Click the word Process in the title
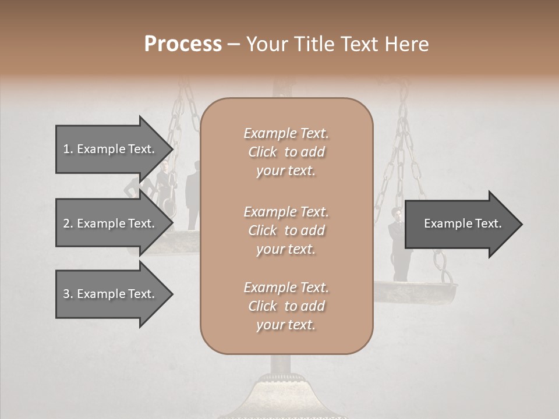tap(183, 44)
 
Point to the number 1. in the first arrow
tap(68, 149)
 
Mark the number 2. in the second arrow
tap(68, 223)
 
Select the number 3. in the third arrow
tap(68, 294)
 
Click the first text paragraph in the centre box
tap(286, 152)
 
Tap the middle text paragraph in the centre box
tap(286, 230)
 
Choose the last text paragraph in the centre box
tap(286, 306)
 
